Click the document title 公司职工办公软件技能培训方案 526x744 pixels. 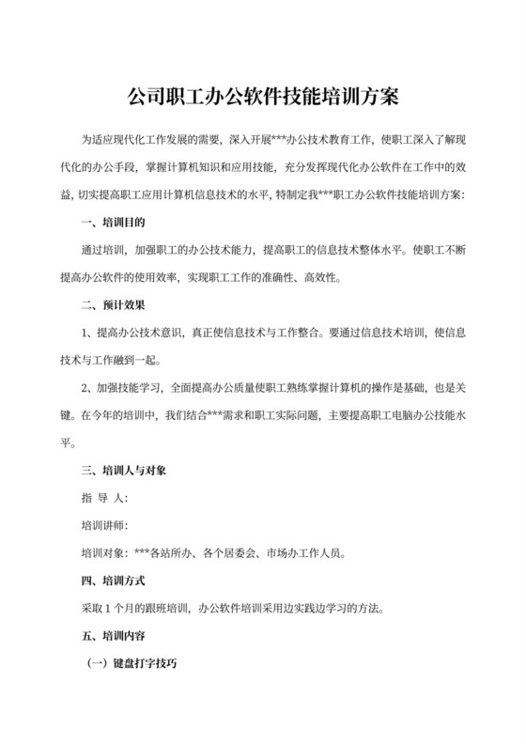tap(262, 96)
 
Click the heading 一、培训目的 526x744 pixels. tap(113, 224)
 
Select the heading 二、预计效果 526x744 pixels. tap(113, 305)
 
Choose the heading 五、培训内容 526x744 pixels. tap(113, 633)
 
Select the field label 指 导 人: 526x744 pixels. tap(104, 496)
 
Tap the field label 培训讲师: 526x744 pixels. tap(104, 523)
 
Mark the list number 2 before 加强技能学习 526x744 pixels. tap(85, 387)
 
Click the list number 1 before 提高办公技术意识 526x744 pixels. tap(85, 333)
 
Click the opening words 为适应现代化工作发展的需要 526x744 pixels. tap(150, 142)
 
